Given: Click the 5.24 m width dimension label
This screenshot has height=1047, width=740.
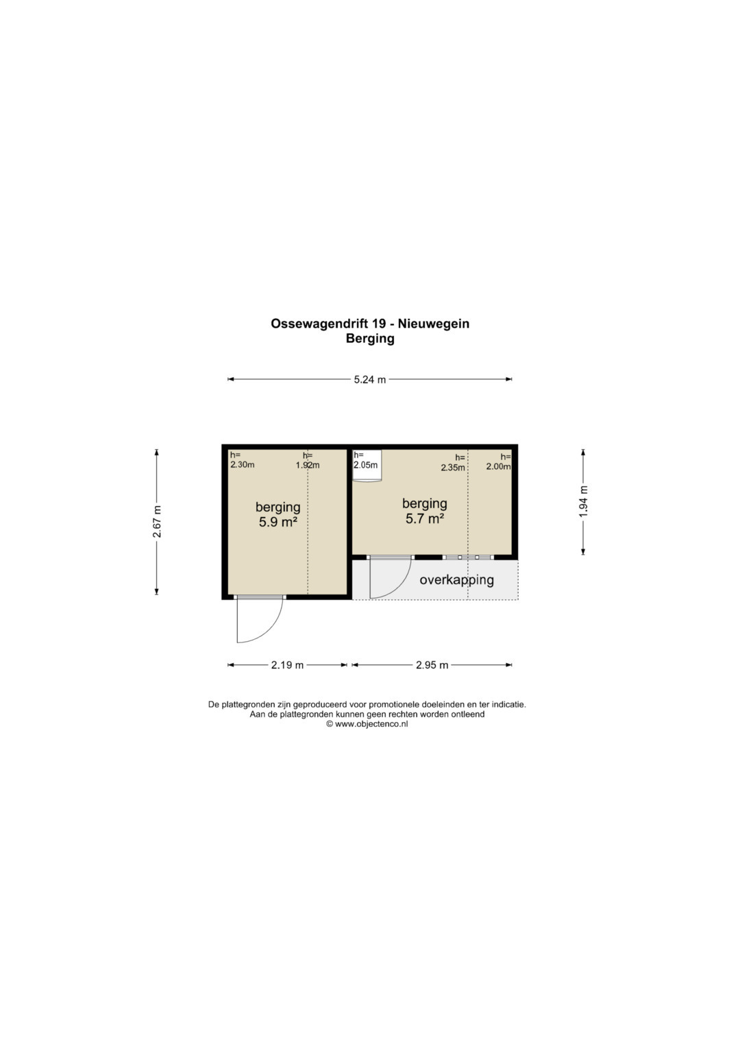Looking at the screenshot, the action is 369,380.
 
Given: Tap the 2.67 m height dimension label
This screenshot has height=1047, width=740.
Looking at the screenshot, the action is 157,522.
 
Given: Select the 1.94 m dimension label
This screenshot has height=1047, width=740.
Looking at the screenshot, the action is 584,502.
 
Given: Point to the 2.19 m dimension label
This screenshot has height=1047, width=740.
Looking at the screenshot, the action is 287,665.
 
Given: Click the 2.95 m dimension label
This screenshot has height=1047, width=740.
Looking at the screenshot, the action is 432,665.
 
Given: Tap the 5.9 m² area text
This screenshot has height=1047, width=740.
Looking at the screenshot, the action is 278,522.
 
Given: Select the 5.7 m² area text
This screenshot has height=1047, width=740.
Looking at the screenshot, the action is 425,519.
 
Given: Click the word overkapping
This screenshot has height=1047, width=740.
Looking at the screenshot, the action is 456,581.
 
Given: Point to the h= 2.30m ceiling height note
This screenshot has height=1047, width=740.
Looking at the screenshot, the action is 242,460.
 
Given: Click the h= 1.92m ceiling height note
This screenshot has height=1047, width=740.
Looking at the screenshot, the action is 308,460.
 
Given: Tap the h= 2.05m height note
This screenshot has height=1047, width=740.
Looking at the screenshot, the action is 365,460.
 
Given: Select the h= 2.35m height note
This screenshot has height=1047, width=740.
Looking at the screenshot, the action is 453,463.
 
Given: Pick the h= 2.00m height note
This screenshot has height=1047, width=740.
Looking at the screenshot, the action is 499,462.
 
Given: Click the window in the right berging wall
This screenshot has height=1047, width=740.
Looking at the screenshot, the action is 469,557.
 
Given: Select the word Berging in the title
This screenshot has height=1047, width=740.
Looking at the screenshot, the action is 370,339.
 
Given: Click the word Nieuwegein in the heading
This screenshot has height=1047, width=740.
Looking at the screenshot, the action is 434,324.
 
